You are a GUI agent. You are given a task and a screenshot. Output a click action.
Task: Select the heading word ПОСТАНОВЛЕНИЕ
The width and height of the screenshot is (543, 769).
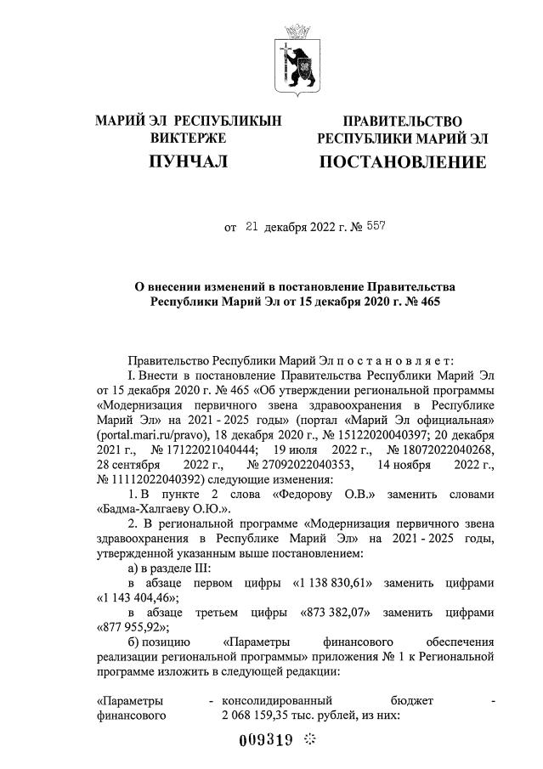click(402, 161)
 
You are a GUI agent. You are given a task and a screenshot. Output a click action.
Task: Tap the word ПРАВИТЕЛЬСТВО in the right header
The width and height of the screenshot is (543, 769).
click(402, 122)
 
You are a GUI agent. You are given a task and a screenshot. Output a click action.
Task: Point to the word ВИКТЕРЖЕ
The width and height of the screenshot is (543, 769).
click(188, 138)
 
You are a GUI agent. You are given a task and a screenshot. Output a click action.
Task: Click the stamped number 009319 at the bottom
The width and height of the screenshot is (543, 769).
click(267, 740)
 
